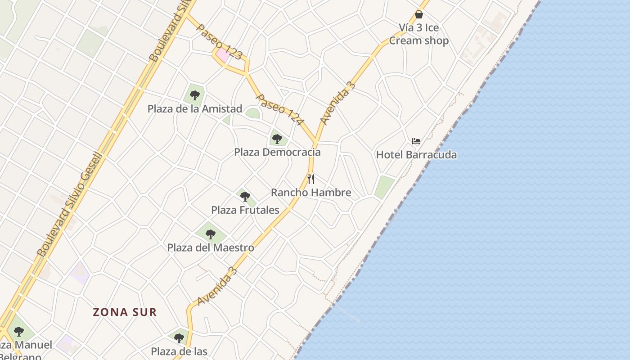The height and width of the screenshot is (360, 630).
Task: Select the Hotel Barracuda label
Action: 416,155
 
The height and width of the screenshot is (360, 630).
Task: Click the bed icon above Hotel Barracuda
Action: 416,141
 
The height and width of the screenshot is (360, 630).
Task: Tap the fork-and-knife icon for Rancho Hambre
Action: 311,179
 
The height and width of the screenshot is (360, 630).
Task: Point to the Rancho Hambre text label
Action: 311,193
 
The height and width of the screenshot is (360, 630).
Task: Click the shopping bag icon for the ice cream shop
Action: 419,14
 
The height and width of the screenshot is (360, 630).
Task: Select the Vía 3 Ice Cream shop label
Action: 419,34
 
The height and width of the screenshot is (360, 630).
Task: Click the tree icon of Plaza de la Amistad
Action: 195,95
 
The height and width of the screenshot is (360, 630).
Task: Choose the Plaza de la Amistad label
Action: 195,109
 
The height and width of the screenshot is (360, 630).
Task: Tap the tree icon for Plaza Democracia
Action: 277,139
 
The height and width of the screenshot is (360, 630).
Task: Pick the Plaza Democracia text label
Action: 277,152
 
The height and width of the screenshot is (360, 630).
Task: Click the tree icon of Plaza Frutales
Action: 245,197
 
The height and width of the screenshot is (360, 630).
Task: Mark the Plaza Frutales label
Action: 245,210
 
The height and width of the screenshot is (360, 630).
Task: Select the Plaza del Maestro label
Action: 211,247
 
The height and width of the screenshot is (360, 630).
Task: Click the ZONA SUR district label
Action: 125,312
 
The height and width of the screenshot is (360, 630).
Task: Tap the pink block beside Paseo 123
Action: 223,56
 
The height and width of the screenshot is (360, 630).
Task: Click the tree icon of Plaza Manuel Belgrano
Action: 18,332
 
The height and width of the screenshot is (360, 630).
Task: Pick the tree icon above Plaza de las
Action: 179,338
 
